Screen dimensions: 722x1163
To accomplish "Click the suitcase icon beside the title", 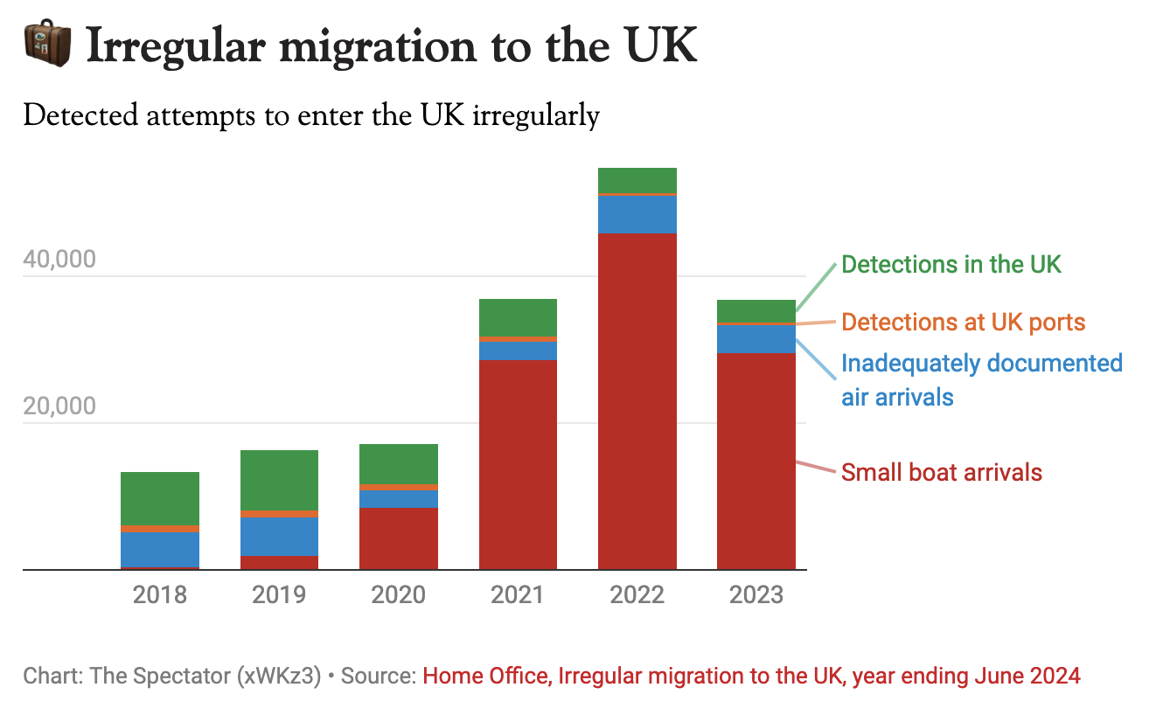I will [x=46, y=45].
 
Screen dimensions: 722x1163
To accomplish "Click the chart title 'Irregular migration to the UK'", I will [x=392, y=45].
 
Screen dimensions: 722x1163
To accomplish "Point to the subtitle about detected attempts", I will [x=311, y=115].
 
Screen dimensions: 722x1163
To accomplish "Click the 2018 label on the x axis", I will [x=160, y=595].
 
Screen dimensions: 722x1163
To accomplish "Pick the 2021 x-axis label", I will [x=518, y=595].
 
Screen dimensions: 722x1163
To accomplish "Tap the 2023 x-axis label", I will [x=756, y=595].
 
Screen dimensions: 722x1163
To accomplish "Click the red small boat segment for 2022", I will [x=637, y=402].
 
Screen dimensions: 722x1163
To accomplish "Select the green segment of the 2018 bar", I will [x=160, y=498].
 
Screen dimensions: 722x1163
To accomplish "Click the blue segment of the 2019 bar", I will [x=279, y=536].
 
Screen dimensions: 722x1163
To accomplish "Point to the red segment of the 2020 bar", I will [x=399, y=538].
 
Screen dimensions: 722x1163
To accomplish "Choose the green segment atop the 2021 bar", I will [x=518, y=317].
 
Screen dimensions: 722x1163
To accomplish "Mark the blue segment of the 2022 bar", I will [x=637, y=214].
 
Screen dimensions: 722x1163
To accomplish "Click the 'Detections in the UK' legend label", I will [x=951, y=264].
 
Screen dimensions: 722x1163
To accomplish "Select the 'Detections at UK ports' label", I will [x=963, y=322].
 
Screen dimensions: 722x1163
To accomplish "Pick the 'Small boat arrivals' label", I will [x=942, y=473].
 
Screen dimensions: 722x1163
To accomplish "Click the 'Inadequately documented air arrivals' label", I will [x=981, y=379].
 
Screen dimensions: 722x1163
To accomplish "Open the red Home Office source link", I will [x=751, y=676].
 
